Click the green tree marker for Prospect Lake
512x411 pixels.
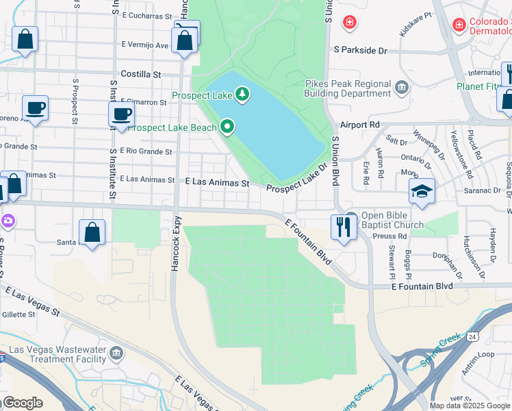[242, 94]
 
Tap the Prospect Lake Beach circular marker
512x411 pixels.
[227, 127]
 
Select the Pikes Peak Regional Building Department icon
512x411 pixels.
[402, 87]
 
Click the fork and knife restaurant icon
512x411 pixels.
[344, 226]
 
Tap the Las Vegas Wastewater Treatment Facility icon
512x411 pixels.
[116, 353]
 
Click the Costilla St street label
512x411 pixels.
[140, 74]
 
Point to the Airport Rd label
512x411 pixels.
[359, 125]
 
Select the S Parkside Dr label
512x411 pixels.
[360, 51]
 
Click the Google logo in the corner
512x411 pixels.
[23, 403]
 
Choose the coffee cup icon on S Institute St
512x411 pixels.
[122, 114]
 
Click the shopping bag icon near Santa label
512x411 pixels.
[92, 233]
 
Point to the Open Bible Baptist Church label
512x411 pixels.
[392, 219]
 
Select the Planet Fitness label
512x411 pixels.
[483, 86]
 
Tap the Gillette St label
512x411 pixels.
[18, 314]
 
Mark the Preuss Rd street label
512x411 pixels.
[392, 236]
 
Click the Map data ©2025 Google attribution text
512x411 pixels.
[470, 406]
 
